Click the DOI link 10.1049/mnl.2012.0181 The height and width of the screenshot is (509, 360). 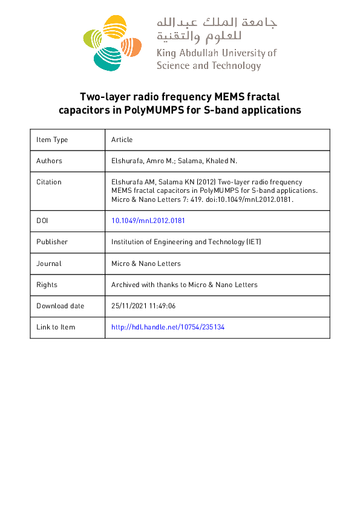(148, 221)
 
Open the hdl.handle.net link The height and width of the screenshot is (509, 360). (168, 327)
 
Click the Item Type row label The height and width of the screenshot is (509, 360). (52, 140)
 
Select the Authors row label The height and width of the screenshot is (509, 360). (49, 161)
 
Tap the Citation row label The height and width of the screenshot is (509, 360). (49, 182)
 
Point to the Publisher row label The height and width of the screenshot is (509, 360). (52, 242)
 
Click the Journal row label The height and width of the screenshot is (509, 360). (49, 264)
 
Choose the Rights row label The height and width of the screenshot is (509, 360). (47, 285)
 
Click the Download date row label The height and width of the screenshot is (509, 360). (61, 306)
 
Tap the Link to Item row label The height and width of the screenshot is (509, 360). (56, 327)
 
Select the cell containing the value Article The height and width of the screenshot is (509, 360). (122, 140)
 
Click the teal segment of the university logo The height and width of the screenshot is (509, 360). (106, 57)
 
